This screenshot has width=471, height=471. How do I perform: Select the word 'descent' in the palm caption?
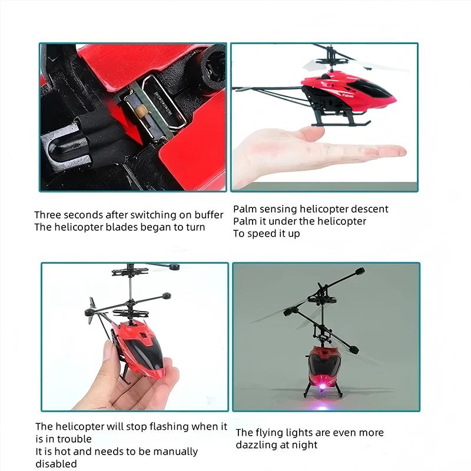point(369,209)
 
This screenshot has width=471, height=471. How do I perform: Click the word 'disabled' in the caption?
point(56,464)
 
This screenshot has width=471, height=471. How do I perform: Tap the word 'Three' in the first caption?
point(48,215)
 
